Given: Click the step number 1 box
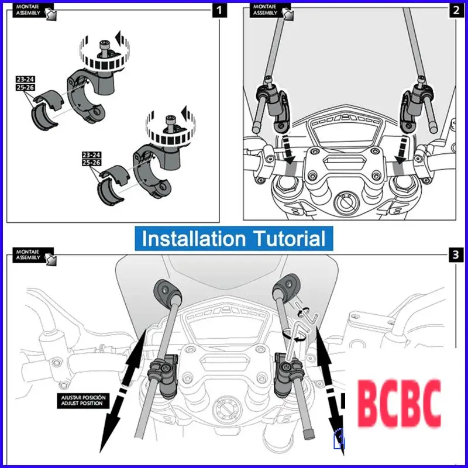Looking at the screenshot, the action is pyautogui.click(x=218, y=10).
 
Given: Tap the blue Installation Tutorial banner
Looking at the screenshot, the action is pyautogui.click(x=233, y=239).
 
